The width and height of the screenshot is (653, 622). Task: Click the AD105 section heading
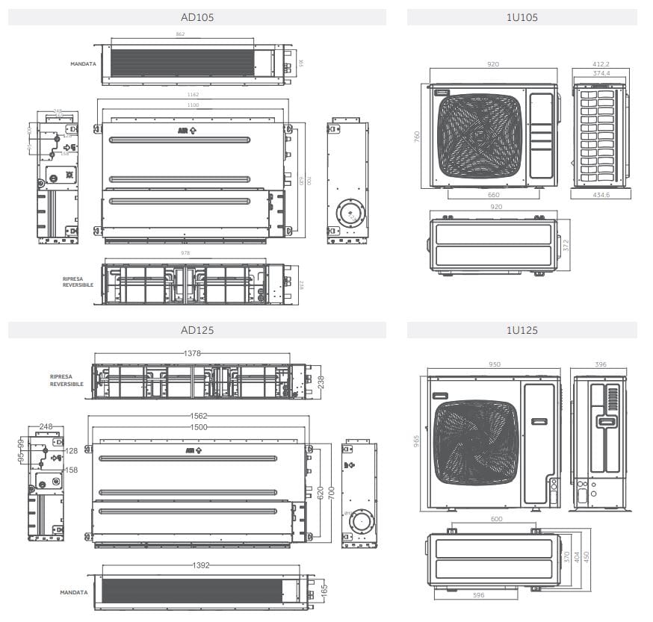(x=197, y=17)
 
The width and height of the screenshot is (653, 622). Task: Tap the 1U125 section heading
(x=522, y=330)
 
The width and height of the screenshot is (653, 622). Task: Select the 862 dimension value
(x=181, y=34)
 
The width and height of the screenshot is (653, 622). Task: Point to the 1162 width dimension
(x=194, y=96)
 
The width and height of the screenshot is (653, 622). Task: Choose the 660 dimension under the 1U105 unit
(x=493, y=195)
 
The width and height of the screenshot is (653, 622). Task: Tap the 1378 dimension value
(x=193, y=353)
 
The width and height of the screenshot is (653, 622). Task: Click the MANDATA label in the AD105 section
(x=84, y=64)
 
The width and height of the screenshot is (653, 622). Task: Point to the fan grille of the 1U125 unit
(x=477, y=443)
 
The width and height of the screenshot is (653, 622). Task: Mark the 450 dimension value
(x=587, y=557)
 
